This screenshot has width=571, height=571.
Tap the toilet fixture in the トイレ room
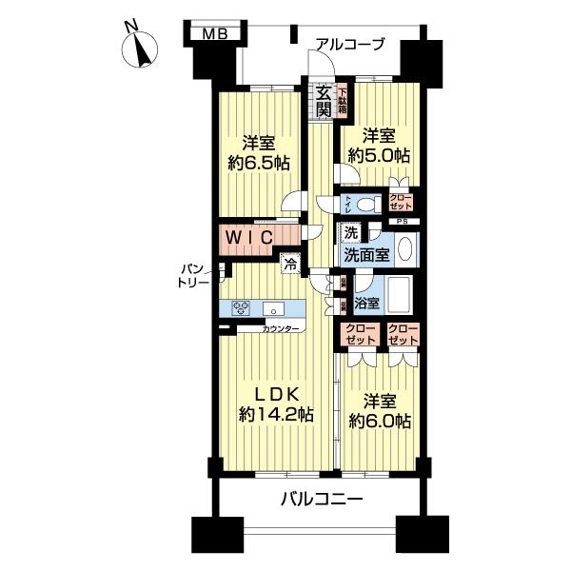[x=368, y=203]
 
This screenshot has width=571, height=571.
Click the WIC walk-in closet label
[x=249, y=236]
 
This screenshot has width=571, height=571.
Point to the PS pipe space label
[x=403, y=223]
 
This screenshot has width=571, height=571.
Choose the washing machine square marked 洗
[x=351, y=233]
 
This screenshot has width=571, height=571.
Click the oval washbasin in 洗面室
[x=404, y=249]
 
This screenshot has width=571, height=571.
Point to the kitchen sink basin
[x=275, y=307]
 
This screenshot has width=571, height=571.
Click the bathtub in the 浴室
[x=401, y=299]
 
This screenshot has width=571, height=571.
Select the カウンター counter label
[x=284, y=329]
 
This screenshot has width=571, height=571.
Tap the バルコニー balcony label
[x=321, y=498]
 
